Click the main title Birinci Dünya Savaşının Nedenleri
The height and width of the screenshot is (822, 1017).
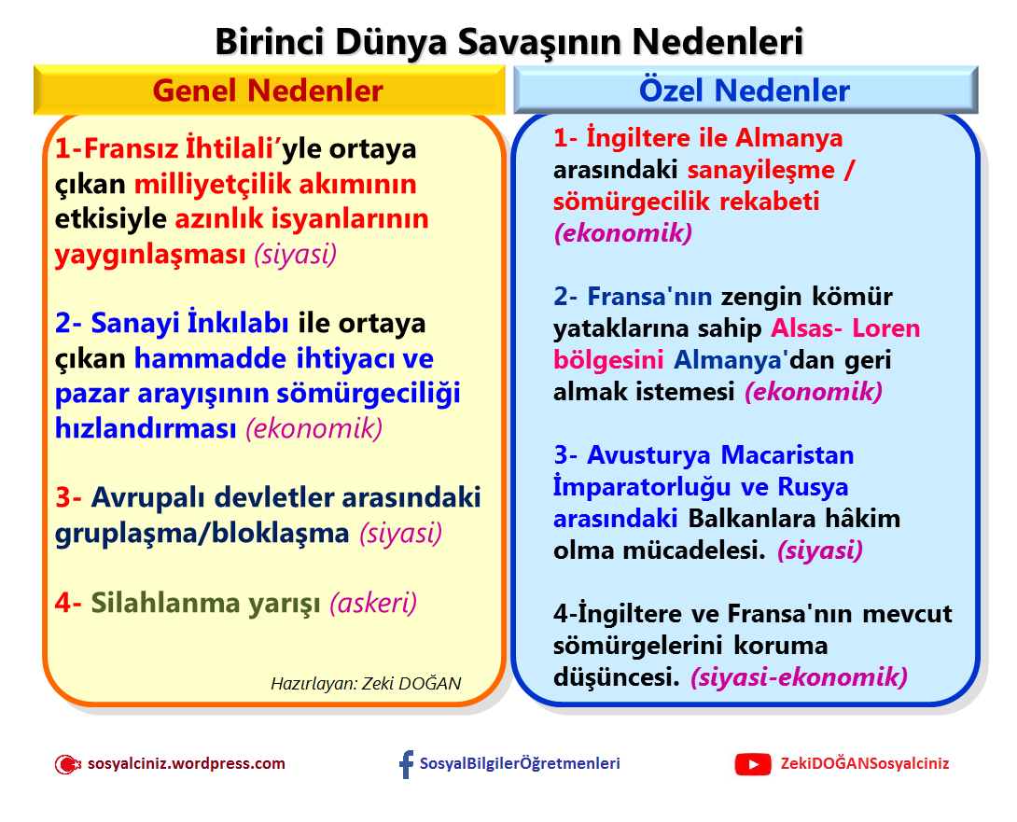(508, 41)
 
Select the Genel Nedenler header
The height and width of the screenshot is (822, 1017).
(268, 91)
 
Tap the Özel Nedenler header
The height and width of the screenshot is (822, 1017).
(744, 91)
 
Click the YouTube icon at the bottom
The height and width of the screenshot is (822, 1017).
(752, 764)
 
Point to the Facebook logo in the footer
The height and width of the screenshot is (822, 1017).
(406, 764)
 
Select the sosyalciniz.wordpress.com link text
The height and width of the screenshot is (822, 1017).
(186, 763)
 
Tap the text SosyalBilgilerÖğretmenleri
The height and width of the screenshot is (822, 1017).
(520, 763)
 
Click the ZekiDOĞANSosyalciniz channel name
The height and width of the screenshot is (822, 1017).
(865, 763)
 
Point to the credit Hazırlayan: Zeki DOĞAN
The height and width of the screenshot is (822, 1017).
(366, 683)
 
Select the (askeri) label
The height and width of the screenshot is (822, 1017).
(373, 603)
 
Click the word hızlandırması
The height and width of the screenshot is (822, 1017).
(146, 428)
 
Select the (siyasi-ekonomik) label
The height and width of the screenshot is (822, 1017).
(800, 677)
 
